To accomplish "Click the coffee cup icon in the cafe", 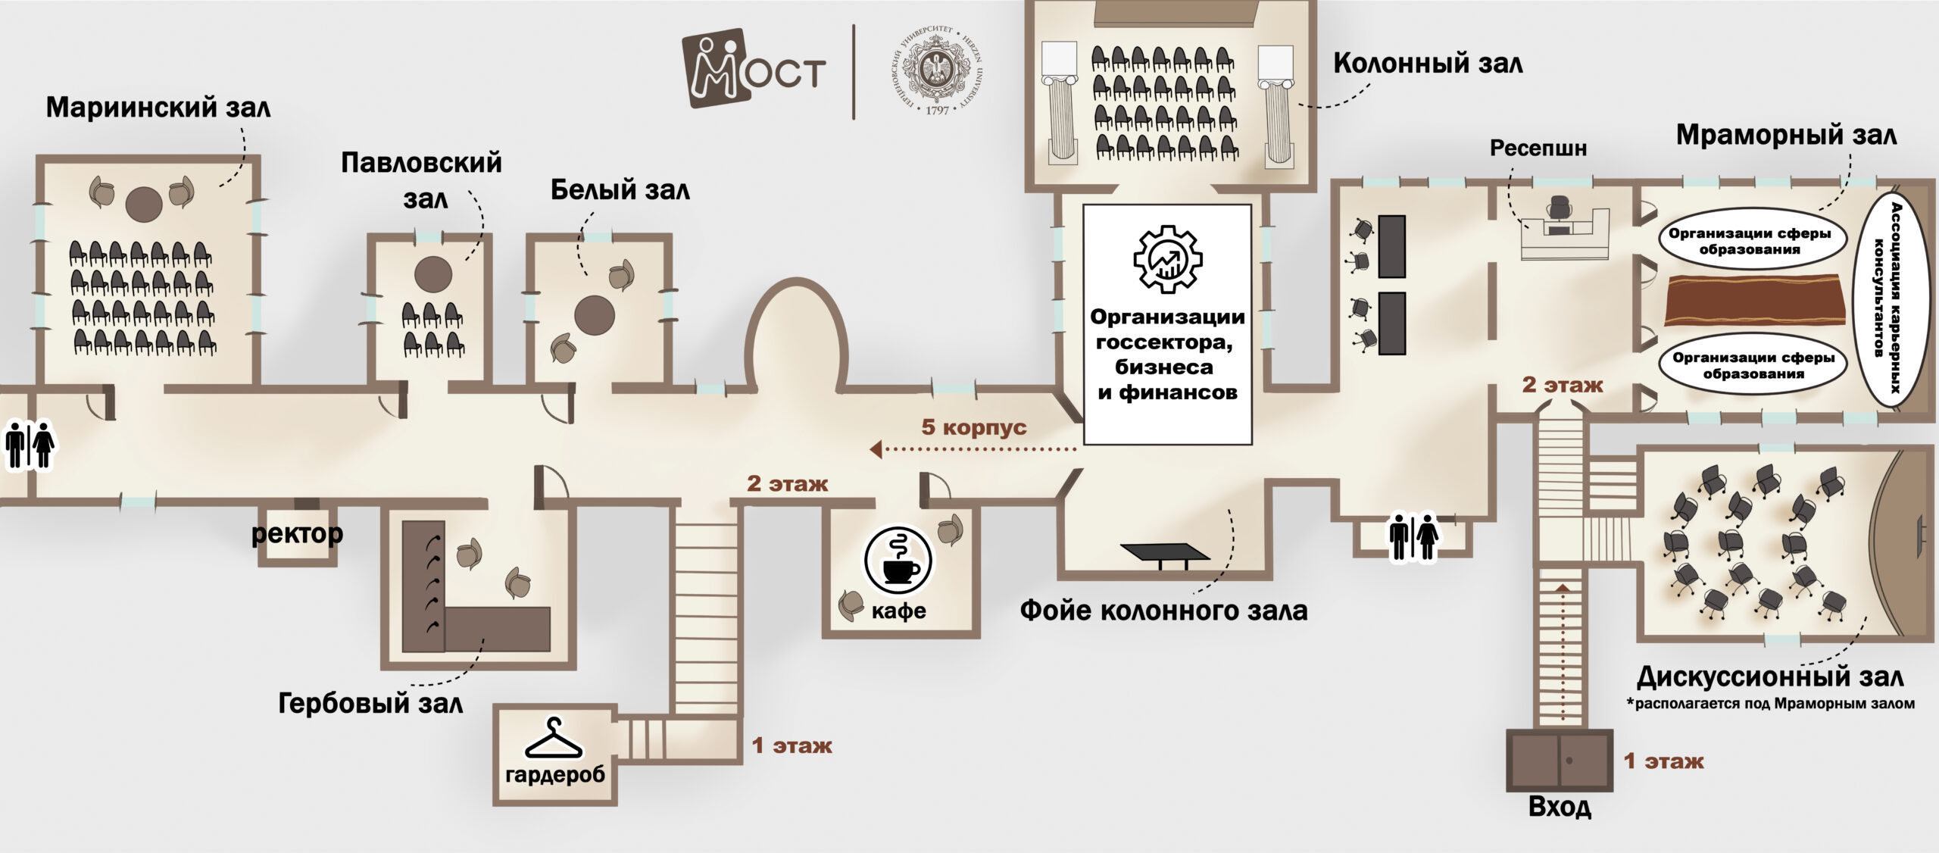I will point(899,561).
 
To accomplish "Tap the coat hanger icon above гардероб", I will point(554,739).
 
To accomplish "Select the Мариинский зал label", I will point(158,107).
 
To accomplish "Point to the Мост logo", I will point(754,69).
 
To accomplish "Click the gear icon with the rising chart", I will point(1167,259).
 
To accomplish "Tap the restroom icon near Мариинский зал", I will point(30,446).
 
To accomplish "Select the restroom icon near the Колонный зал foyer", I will point(1413,538).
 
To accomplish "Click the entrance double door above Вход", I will point(1559,760).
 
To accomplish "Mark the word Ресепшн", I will point(1538,148).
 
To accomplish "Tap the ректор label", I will point(297,533).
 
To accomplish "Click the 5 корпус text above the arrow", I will point(973,426).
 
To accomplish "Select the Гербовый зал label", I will point(370,703).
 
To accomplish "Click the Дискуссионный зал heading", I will point(1769,676).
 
